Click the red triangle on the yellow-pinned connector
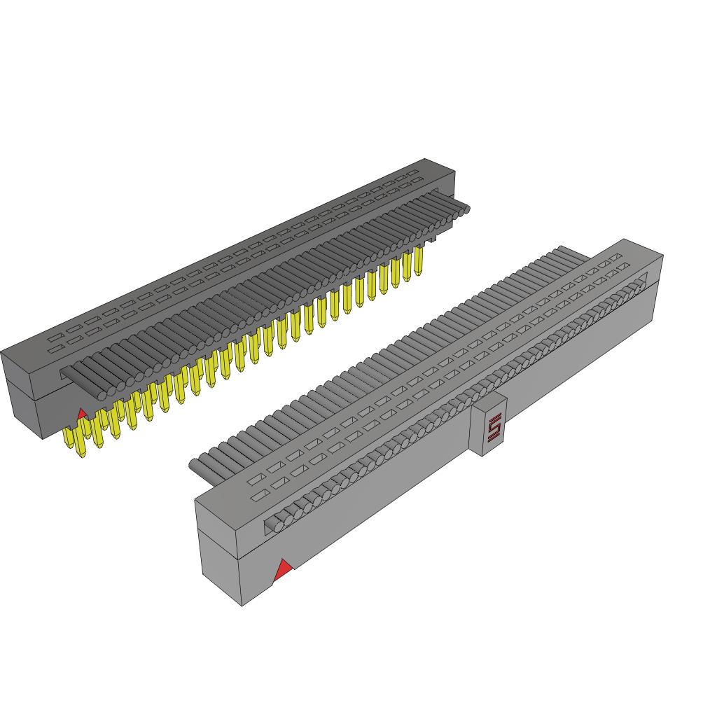(82, 414)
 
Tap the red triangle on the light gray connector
(282, 570)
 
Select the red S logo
(494, 428)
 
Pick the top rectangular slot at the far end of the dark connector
(413, 172)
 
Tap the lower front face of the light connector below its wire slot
(420, 476)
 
